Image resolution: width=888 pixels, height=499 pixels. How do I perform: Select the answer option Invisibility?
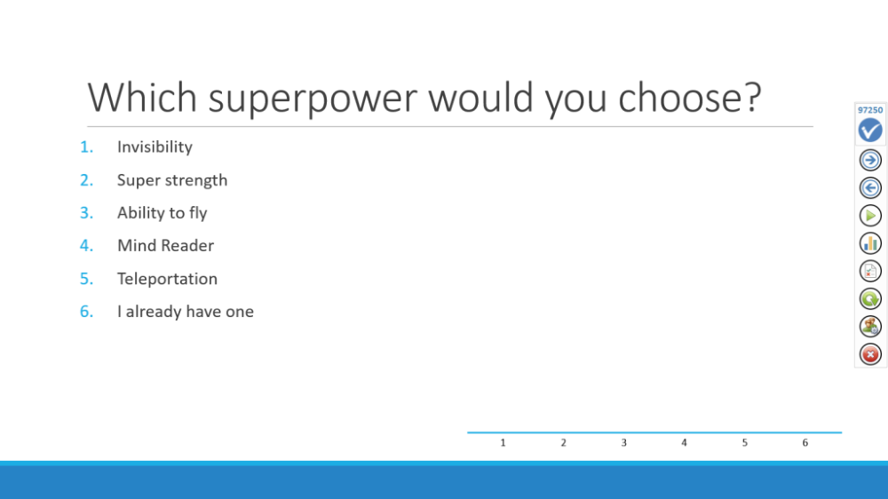point(155,147)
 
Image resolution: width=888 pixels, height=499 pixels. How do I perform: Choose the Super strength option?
point(172,180)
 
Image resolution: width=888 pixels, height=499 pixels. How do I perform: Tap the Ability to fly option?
point(162,213)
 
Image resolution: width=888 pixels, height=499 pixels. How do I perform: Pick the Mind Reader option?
point(165,246)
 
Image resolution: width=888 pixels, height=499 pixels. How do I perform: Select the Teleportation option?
point(167,279)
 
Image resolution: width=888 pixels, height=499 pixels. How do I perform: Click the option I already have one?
point(186,312)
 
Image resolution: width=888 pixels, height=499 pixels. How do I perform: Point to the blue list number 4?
point(86,246)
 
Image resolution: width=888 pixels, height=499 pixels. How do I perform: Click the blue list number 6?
point(86,312)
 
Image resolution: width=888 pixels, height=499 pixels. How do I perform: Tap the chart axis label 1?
point(503,443)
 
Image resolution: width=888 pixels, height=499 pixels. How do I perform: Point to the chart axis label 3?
point(623,443)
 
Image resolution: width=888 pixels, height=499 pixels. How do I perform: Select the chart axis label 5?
point(745,443)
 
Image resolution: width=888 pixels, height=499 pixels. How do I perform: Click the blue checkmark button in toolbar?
point(870,131)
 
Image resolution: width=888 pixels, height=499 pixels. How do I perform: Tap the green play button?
point(870,216)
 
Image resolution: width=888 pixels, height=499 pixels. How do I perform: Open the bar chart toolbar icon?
point(870,243)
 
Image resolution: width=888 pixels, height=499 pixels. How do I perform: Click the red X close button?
point(870,354)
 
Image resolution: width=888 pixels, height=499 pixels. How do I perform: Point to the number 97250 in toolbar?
point(870,110)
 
